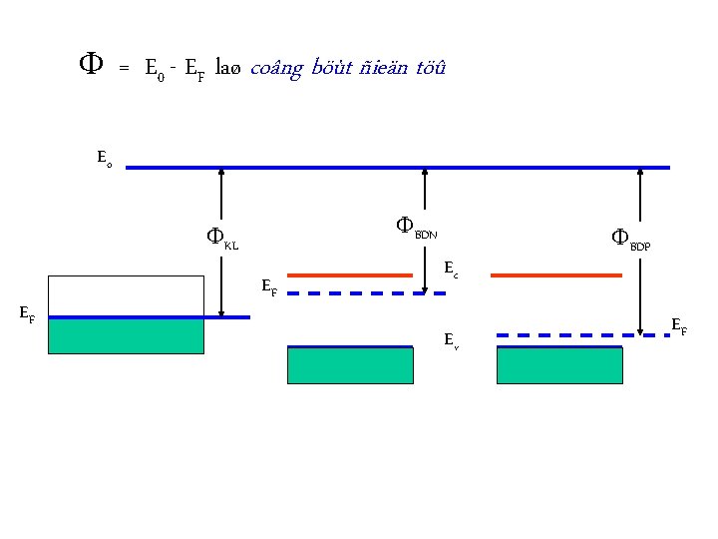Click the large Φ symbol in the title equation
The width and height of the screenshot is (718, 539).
[x=88, y=66]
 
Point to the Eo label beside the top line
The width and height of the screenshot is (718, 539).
[x=104, y=158]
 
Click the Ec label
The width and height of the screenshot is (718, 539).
[x=451, y=269]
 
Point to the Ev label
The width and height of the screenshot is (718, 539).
[x=451, y=340]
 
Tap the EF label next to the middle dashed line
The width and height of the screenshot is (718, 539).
[x=268, y=288]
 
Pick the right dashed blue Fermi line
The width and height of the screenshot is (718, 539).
[x=582, y=335]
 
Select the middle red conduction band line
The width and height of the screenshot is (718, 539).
[x=350, y=273]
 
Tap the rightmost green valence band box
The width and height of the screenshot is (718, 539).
[x=559, y=365]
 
